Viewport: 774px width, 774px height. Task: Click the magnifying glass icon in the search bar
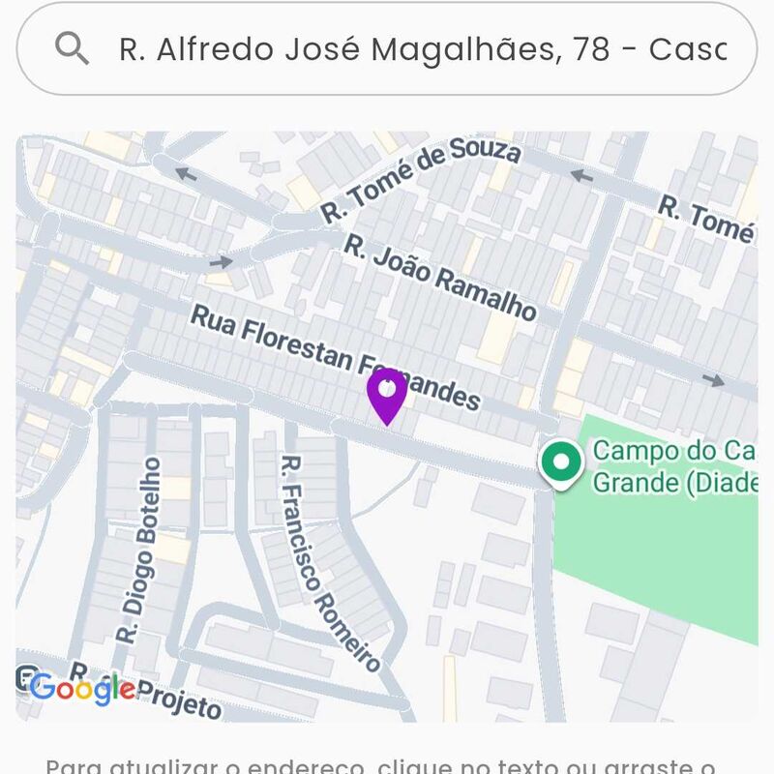(72, 47)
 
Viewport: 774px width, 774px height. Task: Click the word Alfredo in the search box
(204, 49)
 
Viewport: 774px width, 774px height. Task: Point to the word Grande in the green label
(634, 481)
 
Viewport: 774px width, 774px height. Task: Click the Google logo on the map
(82, 688)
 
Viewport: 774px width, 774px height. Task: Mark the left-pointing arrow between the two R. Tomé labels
(580, 176)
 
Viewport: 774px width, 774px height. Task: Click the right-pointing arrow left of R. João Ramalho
(222, 261)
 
